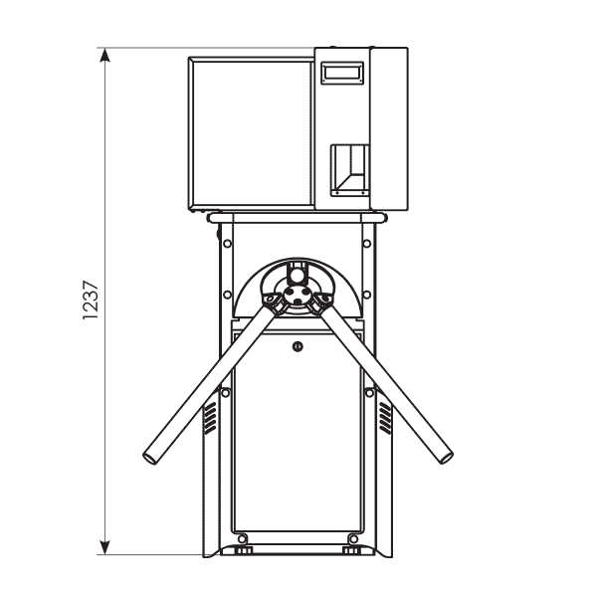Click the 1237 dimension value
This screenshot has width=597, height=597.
click(x=91, y=300)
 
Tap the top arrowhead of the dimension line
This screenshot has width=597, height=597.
click(x=104, y=55)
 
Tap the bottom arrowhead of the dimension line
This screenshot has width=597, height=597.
click(x=104, y=547)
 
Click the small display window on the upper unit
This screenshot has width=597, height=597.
click(x=342, y=73)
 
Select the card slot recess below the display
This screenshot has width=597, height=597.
click(x=349, y=170)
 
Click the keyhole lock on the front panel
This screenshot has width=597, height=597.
click(x=298, y=346)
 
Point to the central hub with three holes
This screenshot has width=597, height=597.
click(x=298, y=296)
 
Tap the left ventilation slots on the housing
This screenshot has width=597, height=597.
click(x=210, y=419)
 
